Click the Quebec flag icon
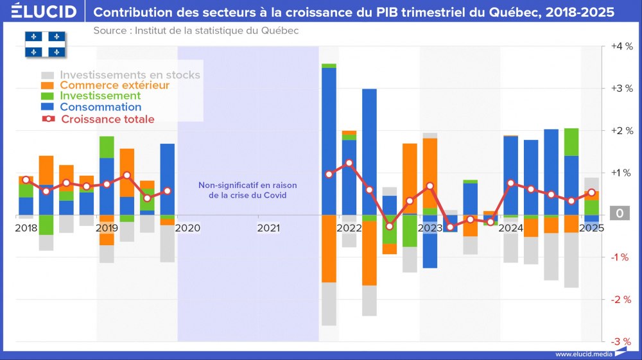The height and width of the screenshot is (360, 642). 45,43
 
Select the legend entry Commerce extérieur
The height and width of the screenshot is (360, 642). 114,85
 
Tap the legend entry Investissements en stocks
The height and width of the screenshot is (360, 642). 130,74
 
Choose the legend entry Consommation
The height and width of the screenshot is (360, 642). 100,107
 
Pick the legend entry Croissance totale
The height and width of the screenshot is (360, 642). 107,119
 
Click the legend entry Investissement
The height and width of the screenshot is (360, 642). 100,96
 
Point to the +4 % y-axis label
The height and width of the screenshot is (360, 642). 620,46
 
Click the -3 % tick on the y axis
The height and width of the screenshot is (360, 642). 620,341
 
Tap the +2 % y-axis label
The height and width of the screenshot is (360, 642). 620,131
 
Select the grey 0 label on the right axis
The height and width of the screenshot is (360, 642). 620,214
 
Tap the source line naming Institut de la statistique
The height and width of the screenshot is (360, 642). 196,30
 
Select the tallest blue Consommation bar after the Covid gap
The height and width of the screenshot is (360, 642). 329,141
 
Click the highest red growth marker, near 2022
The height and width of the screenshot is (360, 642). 349,163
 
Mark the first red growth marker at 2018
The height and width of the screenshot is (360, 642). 26,180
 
